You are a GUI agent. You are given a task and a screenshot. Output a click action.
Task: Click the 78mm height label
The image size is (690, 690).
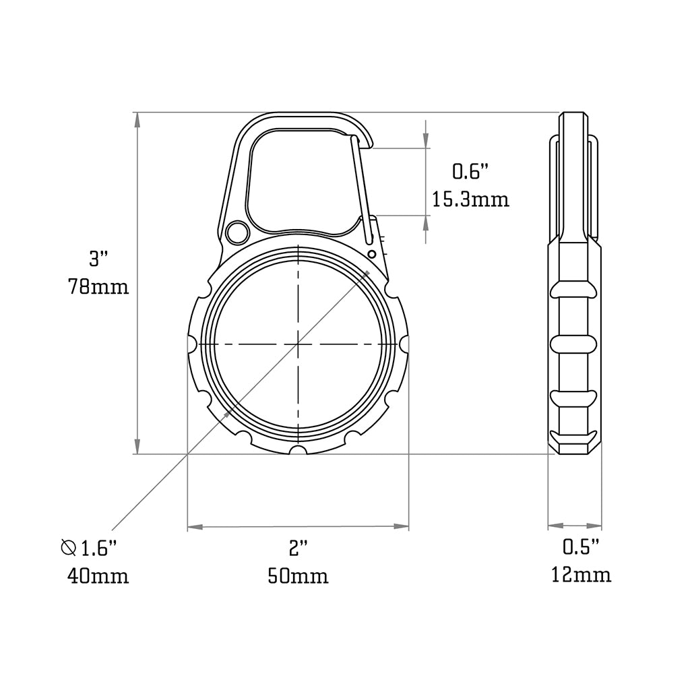tap(98, 286)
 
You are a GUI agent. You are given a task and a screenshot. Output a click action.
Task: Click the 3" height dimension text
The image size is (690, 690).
tap(98, 258)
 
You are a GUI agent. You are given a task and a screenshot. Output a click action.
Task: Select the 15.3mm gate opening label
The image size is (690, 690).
tap(470, 199)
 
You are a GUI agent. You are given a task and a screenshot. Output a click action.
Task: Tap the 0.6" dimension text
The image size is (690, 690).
tap(469, 172)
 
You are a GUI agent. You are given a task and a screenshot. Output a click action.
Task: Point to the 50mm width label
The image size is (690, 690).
tap(298, 576)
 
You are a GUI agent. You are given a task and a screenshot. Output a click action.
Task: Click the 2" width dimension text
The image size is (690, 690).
tap(298, 548)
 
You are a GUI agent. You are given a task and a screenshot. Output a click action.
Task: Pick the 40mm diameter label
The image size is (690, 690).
tap(98, 576)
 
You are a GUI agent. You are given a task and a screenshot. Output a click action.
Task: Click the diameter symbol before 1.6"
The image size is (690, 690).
tap(68, 548)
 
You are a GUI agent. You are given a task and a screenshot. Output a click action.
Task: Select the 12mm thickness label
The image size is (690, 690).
tap(581, 575)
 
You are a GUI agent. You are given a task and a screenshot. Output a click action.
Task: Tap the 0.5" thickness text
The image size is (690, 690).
tap(581, 547)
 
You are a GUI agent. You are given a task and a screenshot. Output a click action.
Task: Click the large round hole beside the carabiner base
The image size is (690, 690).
tap(237, 232)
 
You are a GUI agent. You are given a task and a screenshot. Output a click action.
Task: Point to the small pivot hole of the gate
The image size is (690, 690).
tap(371, 253)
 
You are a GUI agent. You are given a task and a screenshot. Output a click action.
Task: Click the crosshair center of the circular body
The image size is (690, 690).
tap(297, 344)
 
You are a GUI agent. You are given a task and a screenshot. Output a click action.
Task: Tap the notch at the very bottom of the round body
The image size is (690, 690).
tap(297, 450)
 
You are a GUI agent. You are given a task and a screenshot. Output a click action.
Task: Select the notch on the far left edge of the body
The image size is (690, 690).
tap(191, 344)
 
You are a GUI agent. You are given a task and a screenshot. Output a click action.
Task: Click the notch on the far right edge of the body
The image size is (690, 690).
tap(404, 344)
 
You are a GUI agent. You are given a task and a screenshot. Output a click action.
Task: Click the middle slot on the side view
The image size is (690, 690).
tap(573, 344)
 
